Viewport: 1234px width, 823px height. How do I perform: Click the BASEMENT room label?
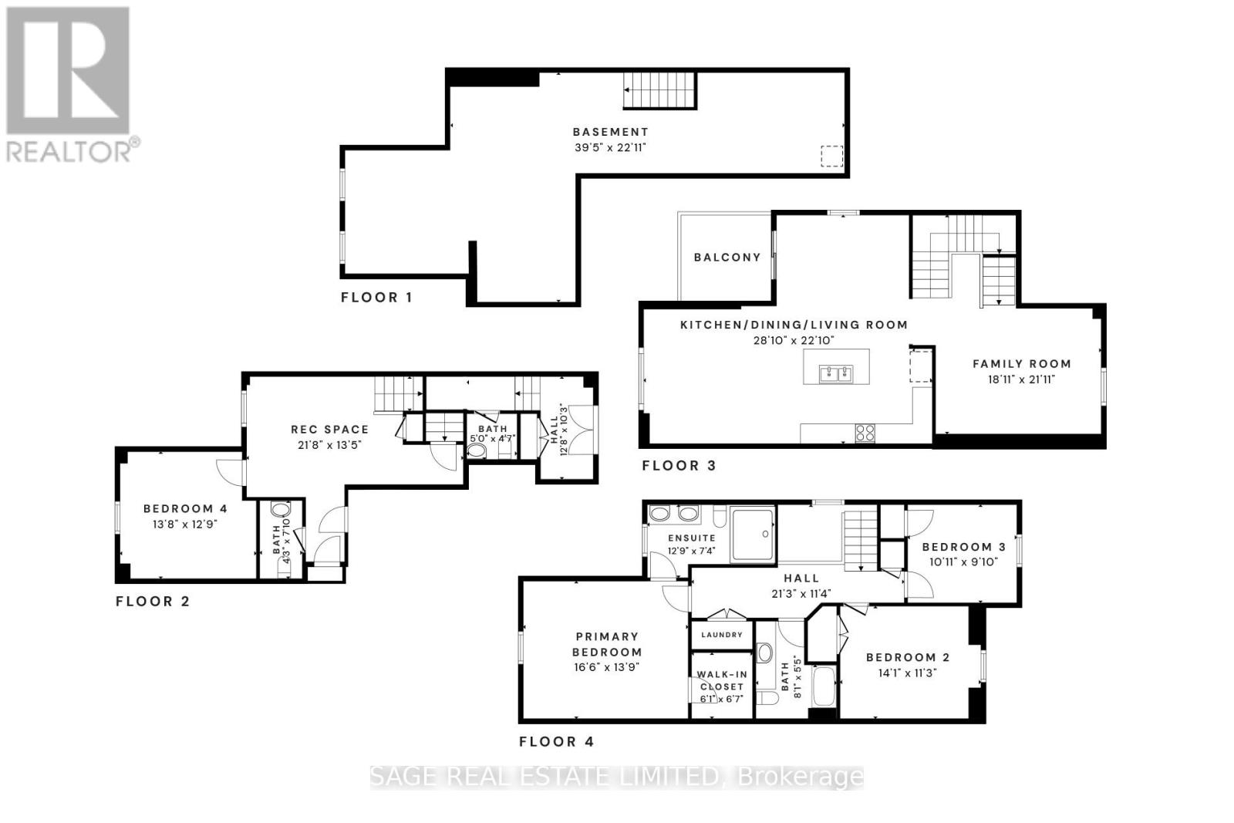[610, 132]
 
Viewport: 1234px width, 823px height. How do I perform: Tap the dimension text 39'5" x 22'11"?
[610, 147]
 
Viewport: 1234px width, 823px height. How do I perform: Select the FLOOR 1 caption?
[376, 298]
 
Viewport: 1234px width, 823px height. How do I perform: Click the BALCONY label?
[727, 258]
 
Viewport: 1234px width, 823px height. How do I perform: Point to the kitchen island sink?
[836, 374]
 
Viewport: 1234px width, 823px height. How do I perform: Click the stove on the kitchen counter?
[865, 433]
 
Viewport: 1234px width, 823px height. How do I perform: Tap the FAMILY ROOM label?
[1021, 364]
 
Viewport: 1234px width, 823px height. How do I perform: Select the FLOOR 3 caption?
[679, 466]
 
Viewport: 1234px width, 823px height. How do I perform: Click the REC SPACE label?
[329, 430]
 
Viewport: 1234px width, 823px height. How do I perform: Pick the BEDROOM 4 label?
[185, 509]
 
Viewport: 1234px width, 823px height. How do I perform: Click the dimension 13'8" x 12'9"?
[185, 524]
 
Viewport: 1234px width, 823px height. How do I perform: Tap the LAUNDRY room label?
[722, 635]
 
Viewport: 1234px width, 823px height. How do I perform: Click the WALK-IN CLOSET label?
[722, 680]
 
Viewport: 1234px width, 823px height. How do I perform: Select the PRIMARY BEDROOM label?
[607, 644]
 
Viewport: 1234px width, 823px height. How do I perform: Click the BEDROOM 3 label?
[963, 547]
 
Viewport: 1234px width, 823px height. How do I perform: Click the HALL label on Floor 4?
[801, 578]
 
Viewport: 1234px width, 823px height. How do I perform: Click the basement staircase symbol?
[659, 91]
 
